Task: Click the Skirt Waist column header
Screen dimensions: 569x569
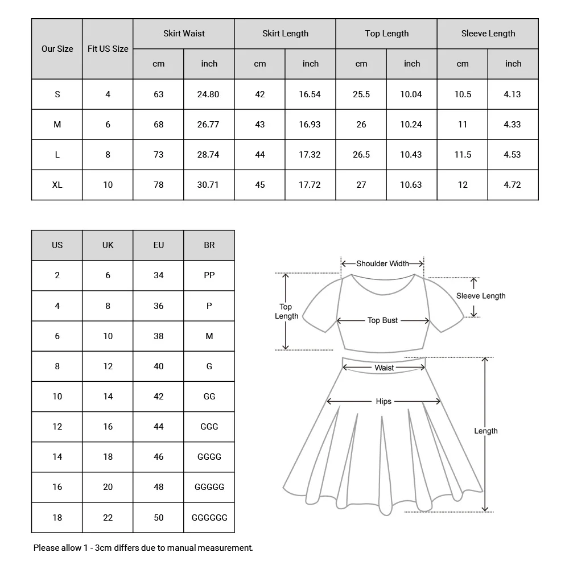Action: point(184,34)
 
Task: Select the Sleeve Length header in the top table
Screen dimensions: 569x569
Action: point(488,34)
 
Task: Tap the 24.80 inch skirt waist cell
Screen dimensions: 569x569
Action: point(208,94)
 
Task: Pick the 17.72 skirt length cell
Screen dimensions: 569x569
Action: point(310,184)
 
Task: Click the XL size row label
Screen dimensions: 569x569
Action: point(57,184)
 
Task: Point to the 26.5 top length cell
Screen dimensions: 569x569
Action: point(361,154)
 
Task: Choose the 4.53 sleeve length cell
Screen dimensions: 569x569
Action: point(512,154)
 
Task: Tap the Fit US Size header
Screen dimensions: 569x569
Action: point(108,49)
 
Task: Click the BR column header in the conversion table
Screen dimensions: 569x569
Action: point(209,245)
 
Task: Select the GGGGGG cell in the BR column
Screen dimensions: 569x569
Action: point(209,517)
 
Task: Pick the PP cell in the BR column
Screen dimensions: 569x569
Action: point(209,275)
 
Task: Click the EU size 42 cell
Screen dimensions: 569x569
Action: point(158,396)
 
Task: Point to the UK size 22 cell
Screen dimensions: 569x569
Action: point(108,517)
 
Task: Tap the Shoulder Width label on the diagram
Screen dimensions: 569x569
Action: point(382,263)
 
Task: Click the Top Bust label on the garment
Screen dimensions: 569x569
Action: point(382,320)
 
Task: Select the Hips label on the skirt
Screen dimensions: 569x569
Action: point(384,401)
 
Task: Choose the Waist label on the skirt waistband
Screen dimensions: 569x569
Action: point(384,368)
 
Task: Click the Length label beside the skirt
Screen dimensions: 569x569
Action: point(485,431)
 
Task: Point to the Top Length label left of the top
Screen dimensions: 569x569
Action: point(286,311)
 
